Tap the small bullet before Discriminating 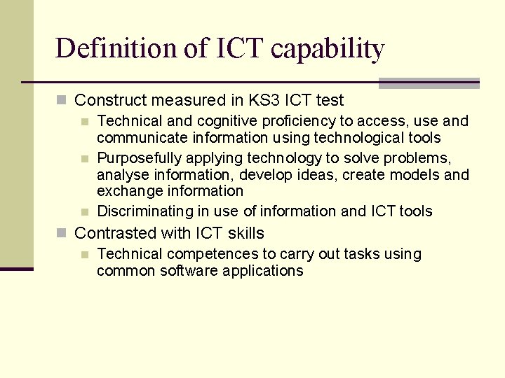(x=85, y=211)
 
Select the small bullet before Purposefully (x=85, y=158)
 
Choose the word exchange (x=126, y=191)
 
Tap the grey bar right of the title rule (x=429, y=83)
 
